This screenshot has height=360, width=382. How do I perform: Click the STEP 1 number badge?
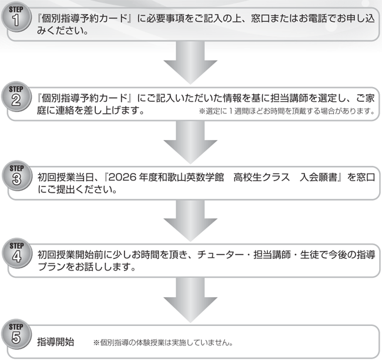(17, 20)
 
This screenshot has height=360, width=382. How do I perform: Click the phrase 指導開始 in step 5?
(56, 341)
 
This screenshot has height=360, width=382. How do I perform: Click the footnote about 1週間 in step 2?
(287, 110)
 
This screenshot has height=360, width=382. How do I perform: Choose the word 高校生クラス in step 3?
(259, 177)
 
